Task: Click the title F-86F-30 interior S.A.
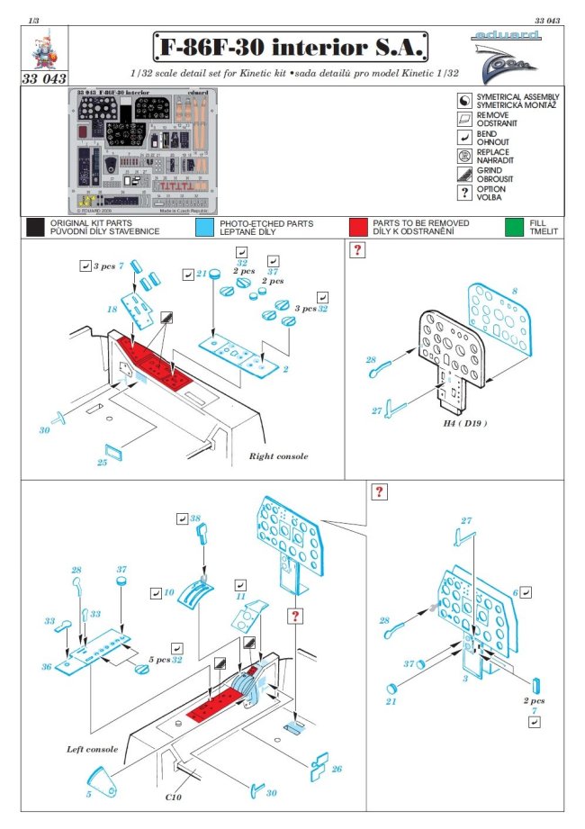point(289,47)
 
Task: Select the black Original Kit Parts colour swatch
point(35,227)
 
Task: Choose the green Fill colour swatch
point(515,227)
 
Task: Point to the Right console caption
point(278,456)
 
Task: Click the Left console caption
point(93,748)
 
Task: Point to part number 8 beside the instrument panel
point(514,291)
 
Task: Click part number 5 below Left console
point(88,794)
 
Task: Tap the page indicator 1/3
point(33,19)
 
